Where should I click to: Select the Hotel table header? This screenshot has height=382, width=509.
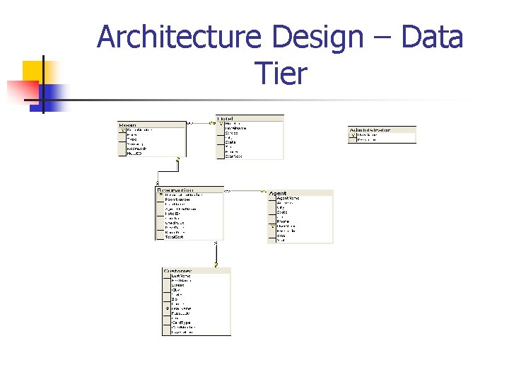tap(226, 118)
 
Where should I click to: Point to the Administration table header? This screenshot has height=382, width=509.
tap(370, 130)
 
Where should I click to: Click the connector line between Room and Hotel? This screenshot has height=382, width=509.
tap(201, 123)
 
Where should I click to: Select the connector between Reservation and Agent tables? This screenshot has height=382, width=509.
tap(245, 191)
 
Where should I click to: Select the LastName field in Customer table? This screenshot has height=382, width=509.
tap(182, 276)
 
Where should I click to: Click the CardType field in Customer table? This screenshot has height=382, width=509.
tap(181, 323)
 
